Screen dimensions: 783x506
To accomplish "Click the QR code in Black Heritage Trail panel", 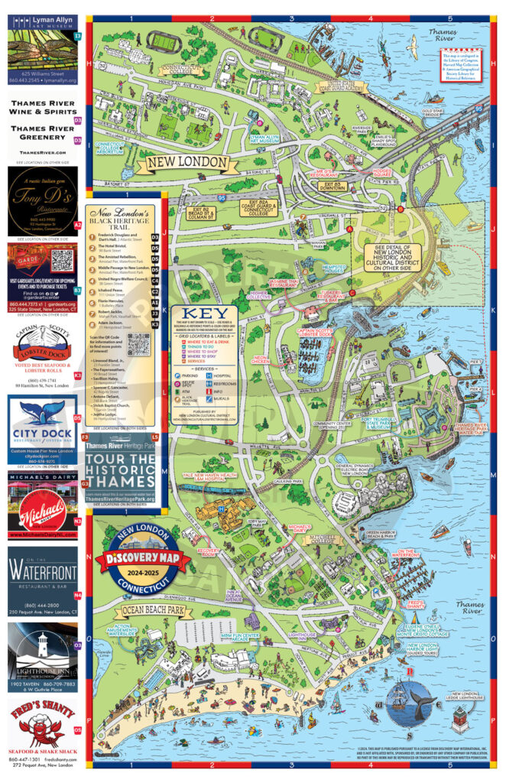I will click(x=138, y=345).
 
